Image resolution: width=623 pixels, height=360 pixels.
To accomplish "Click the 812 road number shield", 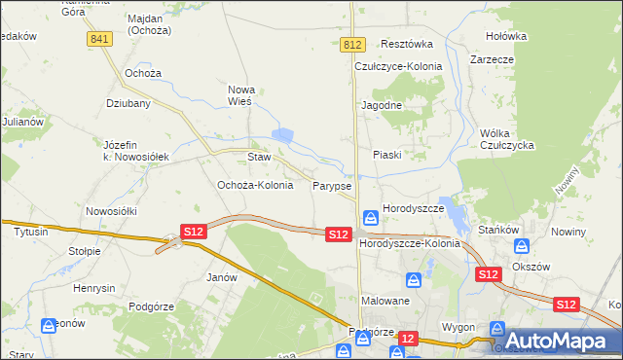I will pos(352,45).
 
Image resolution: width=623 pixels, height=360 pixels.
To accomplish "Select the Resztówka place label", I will pos(407,45).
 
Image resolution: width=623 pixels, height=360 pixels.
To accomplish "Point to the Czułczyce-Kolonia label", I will pos(398,66).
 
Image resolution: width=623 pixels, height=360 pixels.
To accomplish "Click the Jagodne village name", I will pos(382,104).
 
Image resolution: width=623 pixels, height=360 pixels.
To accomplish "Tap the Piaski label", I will pos(386,155).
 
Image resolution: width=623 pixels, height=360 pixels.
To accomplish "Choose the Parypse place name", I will pos(332,185).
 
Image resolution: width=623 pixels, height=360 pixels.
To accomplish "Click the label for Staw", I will pos(258,157).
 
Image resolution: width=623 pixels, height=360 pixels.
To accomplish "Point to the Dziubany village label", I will pos(128,102).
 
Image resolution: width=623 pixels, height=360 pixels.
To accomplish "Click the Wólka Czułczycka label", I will pos(508,139).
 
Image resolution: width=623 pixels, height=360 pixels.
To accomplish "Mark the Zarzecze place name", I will pos(492,59).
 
